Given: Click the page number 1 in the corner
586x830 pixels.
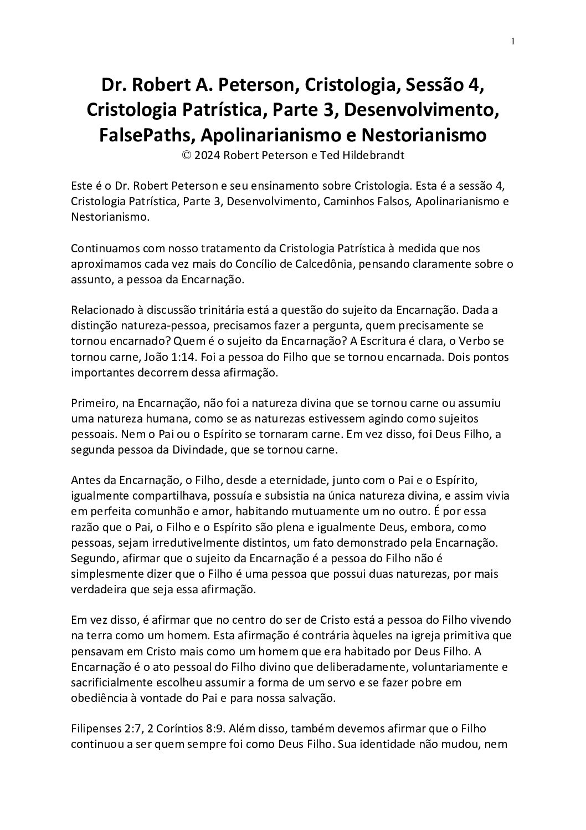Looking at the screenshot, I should pos(513,41).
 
